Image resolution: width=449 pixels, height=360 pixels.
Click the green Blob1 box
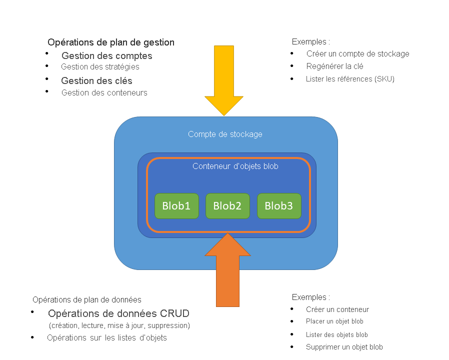176,206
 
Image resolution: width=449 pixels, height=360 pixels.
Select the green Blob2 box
227,206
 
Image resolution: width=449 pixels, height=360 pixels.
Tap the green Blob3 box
279,206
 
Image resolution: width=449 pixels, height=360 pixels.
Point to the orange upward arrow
227,270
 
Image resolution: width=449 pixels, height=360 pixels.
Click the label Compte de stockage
225,134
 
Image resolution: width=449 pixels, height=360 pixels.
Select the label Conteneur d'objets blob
235,166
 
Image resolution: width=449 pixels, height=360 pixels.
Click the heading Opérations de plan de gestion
111,42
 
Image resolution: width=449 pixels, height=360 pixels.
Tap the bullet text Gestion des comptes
107,55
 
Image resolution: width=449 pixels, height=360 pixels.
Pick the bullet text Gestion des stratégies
100,66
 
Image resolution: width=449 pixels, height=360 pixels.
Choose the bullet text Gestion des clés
96,80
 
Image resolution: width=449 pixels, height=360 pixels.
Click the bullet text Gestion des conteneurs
104,92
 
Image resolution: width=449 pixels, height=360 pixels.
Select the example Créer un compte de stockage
358,53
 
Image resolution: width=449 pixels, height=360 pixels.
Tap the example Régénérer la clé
334,66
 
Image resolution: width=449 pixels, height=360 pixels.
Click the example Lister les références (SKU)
350,78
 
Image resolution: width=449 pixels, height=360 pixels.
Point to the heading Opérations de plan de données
87,300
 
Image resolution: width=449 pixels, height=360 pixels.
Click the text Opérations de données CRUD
118,313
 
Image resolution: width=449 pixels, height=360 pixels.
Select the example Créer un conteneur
337,309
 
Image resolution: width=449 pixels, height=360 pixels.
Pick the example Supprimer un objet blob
344,347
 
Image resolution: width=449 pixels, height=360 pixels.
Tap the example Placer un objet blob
334,321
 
